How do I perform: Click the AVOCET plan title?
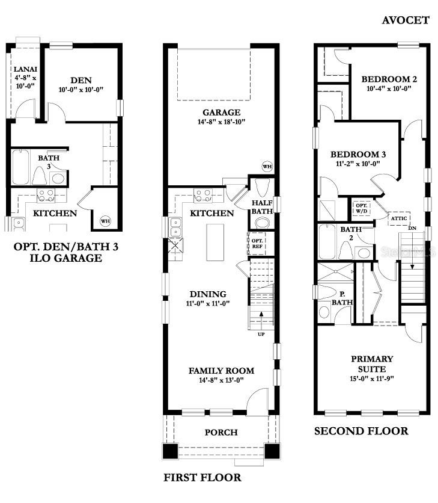pyautogui.click(x=406, y=20)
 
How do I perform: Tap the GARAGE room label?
pyautogui.click(x=221, y=112)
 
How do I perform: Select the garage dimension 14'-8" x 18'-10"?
pyautogui.click(x=221, y=122)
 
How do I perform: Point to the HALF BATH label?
pyautogui.click(x=263, y=207)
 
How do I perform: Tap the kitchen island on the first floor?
pyautogui.click(x=215, y=242)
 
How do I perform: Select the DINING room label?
pyautogui.click(x=208, y=294)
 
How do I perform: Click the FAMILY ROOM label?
pyautogui.click(x=221, y=371)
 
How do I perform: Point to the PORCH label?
pyautogui.click(x=221, y=432)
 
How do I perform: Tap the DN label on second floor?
pyautogui.click(x=412, y=228)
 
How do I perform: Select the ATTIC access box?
pyautogui.click(x=400, y=218)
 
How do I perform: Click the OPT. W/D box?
pyautogui.click(x=362, y=208)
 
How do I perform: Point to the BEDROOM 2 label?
pyautogui.click(x=389, y=79)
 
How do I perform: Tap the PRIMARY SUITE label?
pyautogui.click(x=372, y=363)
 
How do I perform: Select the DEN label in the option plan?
pyautogui.click(x=81, y=79)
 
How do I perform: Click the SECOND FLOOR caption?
pyautogui.click(x=361, y=431)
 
